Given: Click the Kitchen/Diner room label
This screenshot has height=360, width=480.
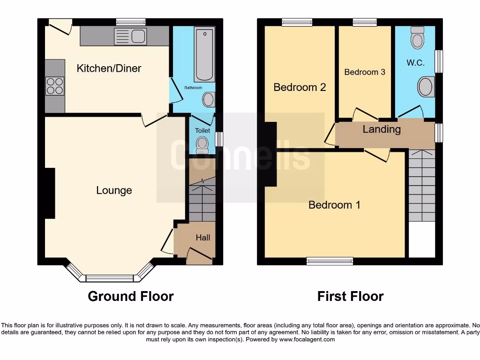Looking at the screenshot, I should (x=109, y=68).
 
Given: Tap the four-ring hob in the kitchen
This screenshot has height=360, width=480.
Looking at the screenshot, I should (x=54, y=86).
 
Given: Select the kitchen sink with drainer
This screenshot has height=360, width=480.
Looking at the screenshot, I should (x=131, y=36).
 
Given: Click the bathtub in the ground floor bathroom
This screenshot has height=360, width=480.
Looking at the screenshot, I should (x=204, y=54).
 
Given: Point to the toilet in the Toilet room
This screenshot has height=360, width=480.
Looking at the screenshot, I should (x=202, y=144).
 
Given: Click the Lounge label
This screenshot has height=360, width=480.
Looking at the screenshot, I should (x=114, y=190).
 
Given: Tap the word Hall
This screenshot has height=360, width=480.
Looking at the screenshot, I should (x=203, y=238).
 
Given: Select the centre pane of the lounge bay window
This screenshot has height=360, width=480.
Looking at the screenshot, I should (x=110, y=278).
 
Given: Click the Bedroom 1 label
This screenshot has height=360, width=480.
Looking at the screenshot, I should (x=334, y=205).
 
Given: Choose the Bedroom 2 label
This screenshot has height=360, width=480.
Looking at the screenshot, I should (x=300, y=87).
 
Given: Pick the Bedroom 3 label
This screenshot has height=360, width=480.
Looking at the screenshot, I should (x=365, y=72).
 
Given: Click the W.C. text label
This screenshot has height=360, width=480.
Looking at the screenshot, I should (x=415, y=63).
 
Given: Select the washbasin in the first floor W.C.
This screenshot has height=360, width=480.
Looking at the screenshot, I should (x=426, y=87).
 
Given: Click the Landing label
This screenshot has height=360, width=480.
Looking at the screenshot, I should (x=382, y=129).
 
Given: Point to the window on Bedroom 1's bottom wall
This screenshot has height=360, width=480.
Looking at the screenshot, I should (x=330, y=262).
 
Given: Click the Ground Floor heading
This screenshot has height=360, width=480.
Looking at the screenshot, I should (x=131, y=296).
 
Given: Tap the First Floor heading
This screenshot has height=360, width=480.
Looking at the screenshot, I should (x=350, y=296).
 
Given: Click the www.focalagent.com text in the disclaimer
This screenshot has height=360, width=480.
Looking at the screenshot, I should (x=307, y=339).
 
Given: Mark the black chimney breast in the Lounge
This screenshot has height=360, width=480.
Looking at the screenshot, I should (x=50, y=193).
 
